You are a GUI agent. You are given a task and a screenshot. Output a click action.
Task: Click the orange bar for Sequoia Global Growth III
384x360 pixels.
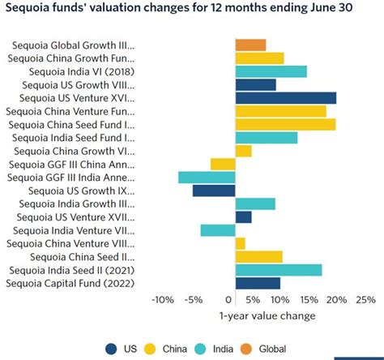point(250,45)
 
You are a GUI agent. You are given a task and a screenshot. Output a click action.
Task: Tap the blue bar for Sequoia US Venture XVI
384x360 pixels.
point(285,98)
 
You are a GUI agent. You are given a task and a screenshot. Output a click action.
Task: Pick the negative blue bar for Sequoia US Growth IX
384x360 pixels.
point(214,191)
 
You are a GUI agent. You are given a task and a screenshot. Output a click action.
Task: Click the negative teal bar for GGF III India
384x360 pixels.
point(207,178)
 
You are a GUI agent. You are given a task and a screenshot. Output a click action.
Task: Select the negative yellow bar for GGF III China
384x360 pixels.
point(223,164)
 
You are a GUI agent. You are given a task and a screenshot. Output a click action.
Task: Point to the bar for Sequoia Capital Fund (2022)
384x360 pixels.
point(258,283)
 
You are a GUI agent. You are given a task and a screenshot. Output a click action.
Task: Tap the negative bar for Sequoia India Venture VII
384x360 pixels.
point(218,230)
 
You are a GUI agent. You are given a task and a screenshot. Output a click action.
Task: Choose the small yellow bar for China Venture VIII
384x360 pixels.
point(240,243)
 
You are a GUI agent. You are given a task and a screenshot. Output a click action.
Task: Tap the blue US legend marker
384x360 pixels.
point(109,349)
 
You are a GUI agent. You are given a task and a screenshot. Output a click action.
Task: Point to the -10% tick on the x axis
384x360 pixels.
point(162,300)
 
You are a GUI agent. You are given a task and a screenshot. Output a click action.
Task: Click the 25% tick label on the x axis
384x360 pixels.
point(365,300)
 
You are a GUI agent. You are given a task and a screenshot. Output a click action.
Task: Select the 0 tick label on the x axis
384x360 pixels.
point(236,300)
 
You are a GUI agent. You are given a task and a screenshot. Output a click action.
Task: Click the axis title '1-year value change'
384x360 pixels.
point(267,315)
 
